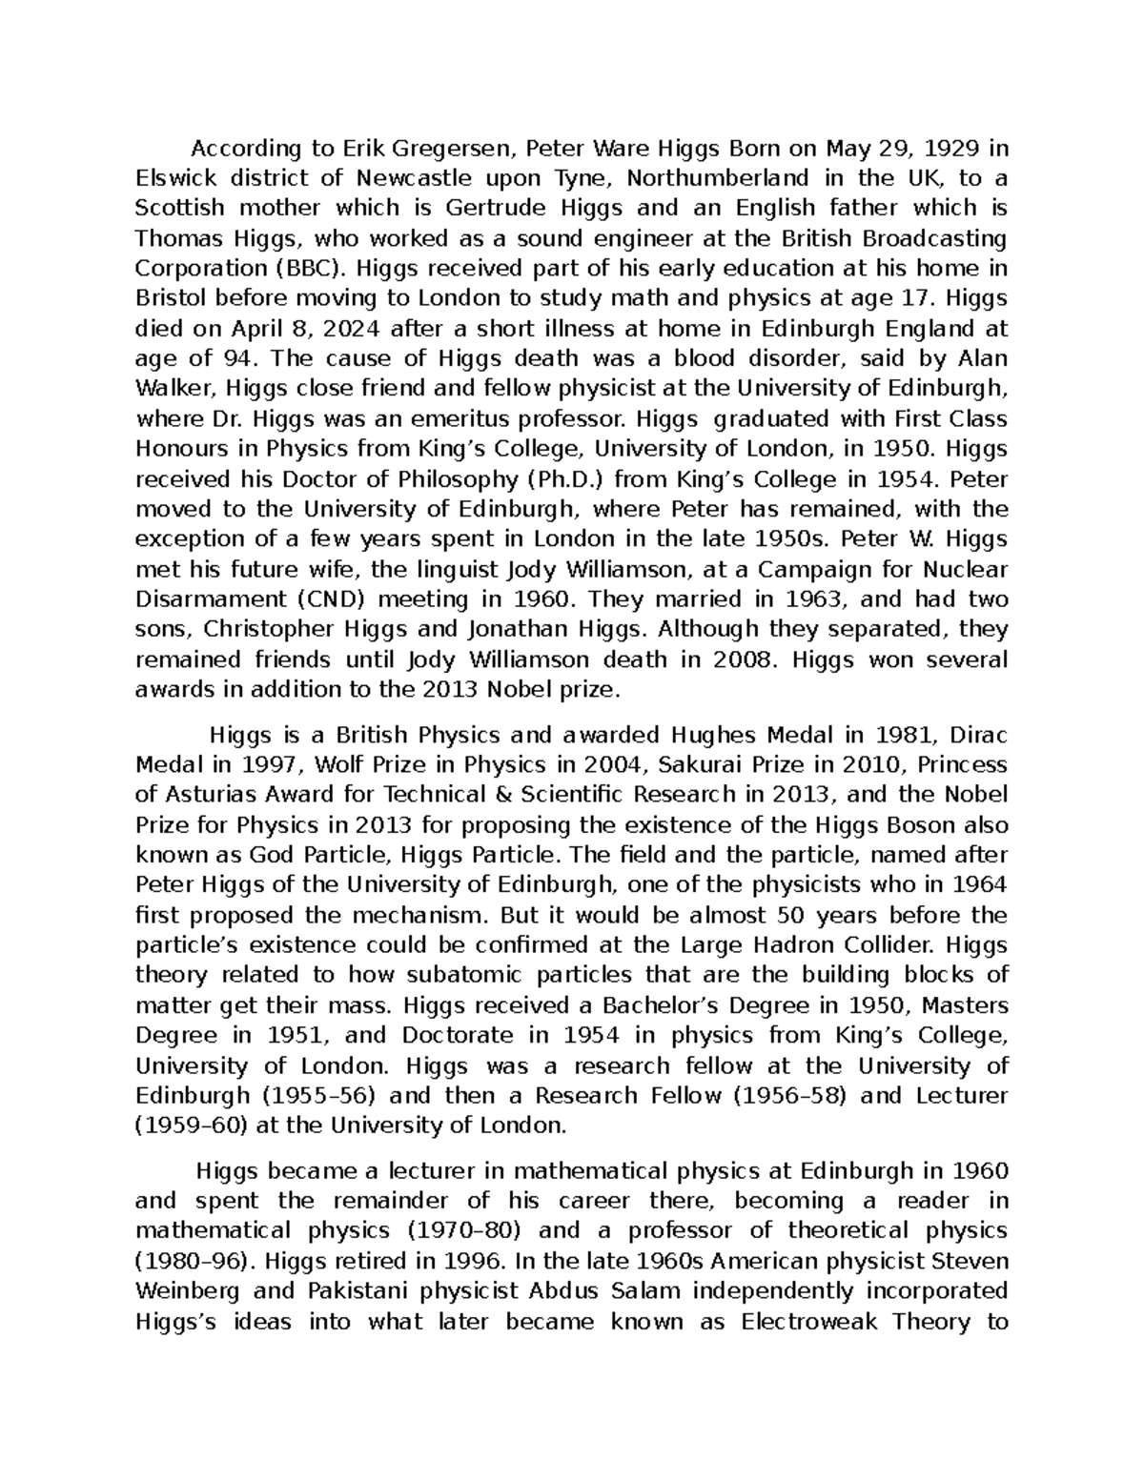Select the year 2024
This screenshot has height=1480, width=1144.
click(x=350, y=329)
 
